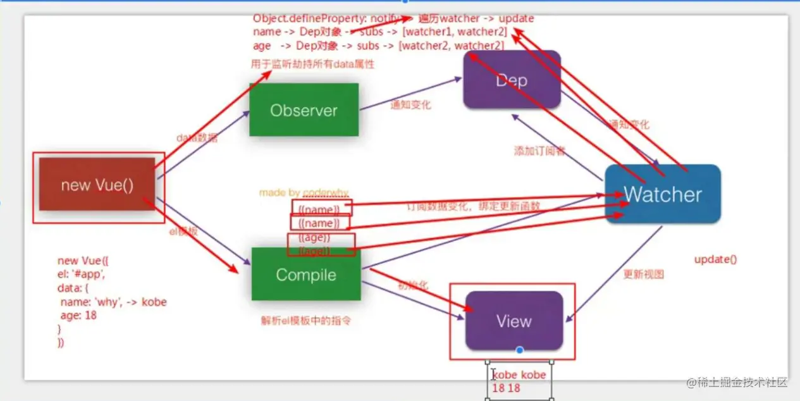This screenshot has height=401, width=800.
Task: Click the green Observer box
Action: point(304,110)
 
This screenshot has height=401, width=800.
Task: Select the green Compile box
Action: point(306,275)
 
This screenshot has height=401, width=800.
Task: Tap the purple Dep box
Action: point(512,80)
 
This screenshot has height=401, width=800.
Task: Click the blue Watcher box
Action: point(663,194)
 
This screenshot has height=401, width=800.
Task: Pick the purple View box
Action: point(514,321)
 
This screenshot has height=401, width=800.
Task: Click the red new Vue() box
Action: point(97,185)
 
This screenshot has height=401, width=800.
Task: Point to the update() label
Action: point(716,259)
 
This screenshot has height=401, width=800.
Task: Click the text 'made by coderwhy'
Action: point(304,192)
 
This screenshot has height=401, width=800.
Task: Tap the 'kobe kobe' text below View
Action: point(519,375)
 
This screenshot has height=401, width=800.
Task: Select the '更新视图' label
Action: point(643,275)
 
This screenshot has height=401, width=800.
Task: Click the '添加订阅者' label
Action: point(539,151)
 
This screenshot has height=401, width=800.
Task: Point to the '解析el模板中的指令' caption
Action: point(306,321)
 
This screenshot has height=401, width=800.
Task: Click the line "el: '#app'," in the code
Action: point(82,275)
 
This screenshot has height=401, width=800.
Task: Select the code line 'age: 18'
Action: point(78,314)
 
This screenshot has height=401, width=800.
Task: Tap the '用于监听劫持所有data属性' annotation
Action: point(312,64)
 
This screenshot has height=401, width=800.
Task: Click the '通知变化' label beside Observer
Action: point(410,105)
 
